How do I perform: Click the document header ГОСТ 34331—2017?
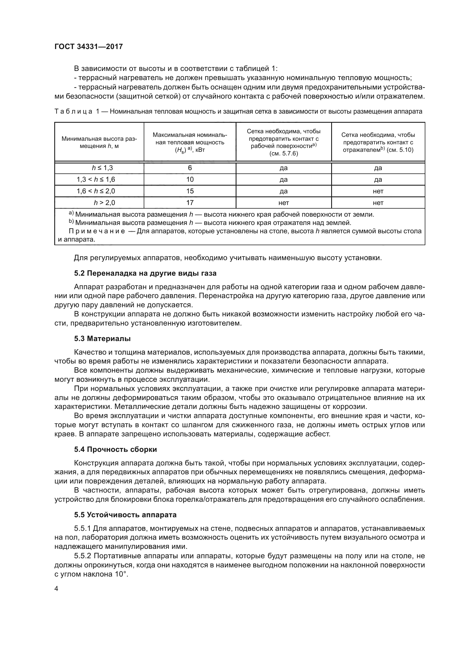(89, 47)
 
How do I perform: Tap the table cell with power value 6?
(190, 168)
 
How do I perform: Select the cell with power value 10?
(190, 180)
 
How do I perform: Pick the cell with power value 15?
(190, 191)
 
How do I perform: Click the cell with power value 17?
(190, 203)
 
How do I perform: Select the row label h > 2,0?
(104, 203)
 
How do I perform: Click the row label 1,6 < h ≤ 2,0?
(96, 191)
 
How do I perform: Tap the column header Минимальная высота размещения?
(99, 142)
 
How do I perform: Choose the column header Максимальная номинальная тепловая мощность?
(190, 142)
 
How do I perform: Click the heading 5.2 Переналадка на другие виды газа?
(145, 273)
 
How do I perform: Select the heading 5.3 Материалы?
(102, 338)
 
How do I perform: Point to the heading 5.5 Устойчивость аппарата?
(125, 515)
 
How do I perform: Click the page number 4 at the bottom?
(56, 589)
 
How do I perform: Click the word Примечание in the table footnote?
(97, 231)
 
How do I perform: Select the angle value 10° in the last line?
(121, 574)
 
